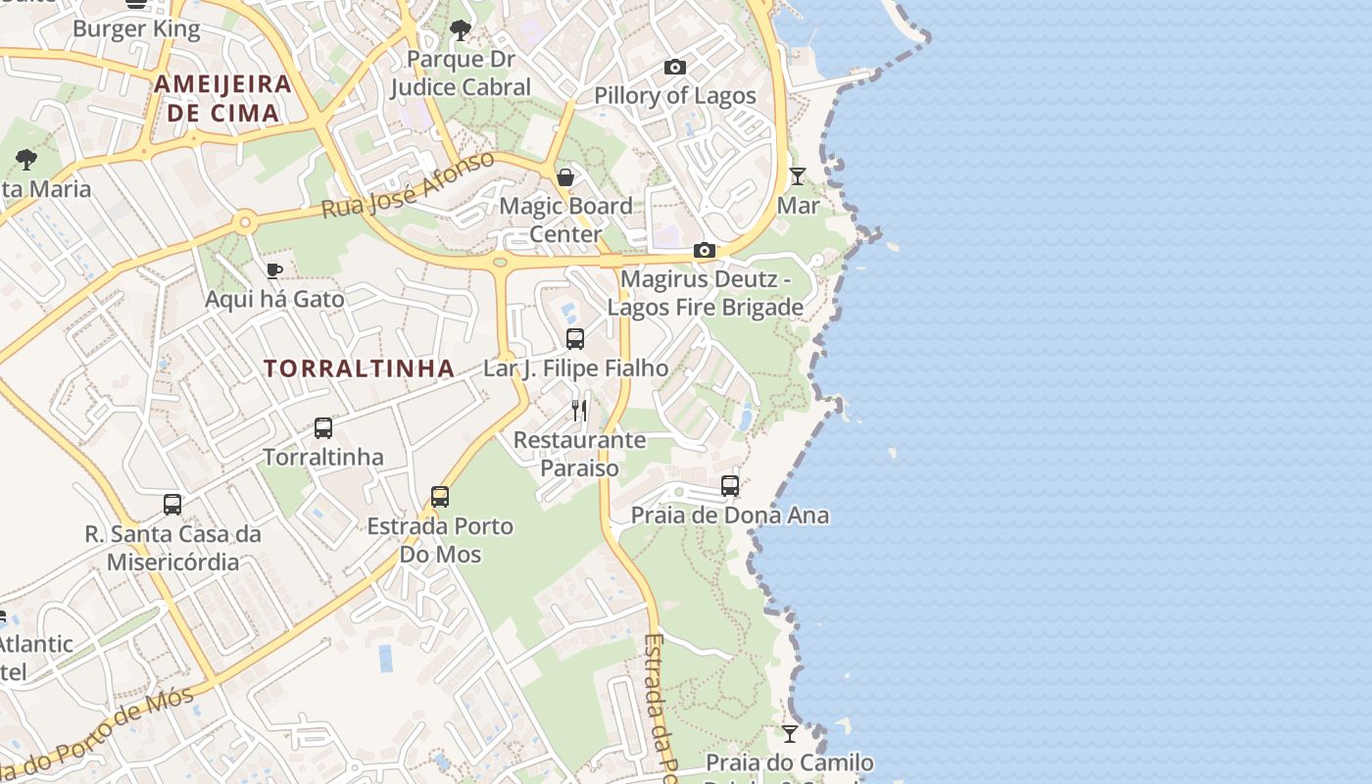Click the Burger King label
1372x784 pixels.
(136, 29)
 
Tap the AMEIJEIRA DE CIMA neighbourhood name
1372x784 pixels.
(223, 98)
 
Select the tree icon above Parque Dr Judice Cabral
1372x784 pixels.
(460, 31)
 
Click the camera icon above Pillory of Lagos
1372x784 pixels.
(675, 67)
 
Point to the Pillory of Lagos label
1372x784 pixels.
(675, 96)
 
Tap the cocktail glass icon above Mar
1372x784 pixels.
(798, 176)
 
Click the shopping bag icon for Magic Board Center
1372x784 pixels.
(565, 177)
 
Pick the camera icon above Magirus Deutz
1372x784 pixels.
(704, 251)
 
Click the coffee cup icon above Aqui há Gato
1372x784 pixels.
(273, 270)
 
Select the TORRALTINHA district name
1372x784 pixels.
(360, 368)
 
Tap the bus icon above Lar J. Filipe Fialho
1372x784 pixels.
(575, 339)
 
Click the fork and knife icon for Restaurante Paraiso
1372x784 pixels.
(580, 410)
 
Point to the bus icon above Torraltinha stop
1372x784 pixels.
(323, 428)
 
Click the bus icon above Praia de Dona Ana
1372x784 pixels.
(730, 486)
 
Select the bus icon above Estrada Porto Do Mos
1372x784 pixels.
(440, 497)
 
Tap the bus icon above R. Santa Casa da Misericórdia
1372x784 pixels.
(172, 505)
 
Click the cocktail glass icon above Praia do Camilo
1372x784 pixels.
(790, 733)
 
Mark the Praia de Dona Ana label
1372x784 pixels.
(730, 515)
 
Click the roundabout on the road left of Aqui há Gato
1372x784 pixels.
(244, 222)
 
